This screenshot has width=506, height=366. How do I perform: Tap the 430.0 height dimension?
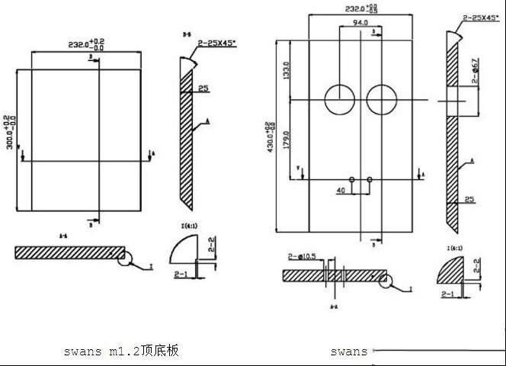pos(267,137)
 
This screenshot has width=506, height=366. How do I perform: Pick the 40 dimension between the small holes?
pos(341,189)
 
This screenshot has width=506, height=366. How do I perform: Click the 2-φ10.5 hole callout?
pos(303,258)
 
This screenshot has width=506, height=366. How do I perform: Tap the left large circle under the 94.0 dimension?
pos(338,99)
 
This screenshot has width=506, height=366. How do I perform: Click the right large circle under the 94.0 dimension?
pos(381,99)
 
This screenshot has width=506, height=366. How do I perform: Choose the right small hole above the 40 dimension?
pos(369,179)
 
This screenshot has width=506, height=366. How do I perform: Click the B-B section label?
pos(187,34)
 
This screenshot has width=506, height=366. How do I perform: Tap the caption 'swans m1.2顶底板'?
pos(122,352)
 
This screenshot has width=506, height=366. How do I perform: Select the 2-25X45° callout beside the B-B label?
pos(216,45)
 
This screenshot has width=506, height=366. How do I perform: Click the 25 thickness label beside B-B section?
pos(203,89)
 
